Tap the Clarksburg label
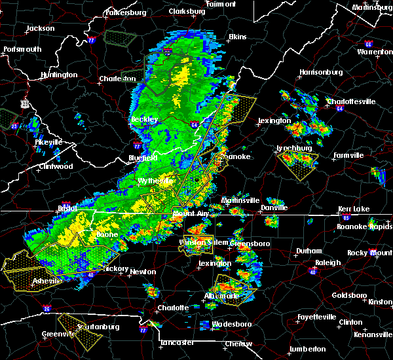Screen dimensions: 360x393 (186, 12)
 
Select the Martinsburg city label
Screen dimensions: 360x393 (372, 7)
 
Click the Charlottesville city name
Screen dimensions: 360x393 (351, 102)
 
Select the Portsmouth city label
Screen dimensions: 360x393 (22, 49)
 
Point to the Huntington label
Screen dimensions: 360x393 (58, 75)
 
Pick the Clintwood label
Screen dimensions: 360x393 (55, 166)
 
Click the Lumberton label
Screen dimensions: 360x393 (309, 349)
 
